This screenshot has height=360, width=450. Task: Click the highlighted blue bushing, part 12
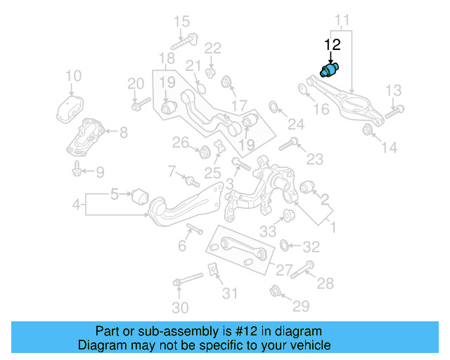[x=328, y=71]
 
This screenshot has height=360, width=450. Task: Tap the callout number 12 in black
[x=332, y=46]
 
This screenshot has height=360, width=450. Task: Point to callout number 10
[x=73, y=76]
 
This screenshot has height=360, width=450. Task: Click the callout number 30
[x=181, y=307]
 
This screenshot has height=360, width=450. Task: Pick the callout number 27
[x=283, y=270]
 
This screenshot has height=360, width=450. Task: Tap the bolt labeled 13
[x=396, y=109]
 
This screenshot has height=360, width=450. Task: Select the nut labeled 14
[x=367, y=129]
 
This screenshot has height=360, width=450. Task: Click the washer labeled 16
[x=303, y=89]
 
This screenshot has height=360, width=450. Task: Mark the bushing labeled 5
[x=139, y=193]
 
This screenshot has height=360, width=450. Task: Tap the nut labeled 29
[x=276, y=290]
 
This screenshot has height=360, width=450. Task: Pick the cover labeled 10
[x=71, y=111]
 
